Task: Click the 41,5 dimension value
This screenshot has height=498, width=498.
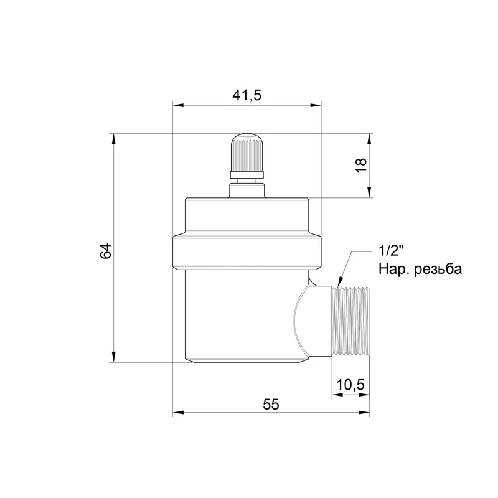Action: pyautogui.click(x=247, y=95)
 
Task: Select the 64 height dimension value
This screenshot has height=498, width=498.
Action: pyautogui.click(x=106, y=251)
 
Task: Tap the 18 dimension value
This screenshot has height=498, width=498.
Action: pyautogui.click(x=361, y=165)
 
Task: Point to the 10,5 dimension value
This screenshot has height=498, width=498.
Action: pyautogui.click(x=350, y=385)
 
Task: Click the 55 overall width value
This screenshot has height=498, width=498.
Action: pyautogui.click(x=271, y=404)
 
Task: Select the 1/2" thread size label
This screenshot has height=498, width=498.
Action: pyautogui.click(x=391, y=251)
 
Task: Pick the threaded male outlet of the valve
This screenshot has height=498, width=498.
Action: pyautogui.click(x=350, y=321)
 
